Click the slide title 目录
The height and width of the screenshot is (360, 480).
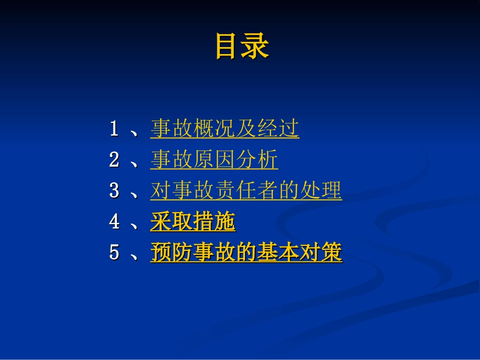click(242, 46)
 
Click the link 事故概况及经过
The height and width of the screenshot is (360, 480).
click(225, 129)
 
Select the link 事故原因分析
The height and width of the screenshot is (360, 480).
click(214, 160)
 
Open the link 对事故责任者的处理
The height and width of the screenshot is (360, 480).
click(246, 191)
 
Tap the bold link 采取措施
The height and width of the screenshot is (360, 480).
click(193, 222)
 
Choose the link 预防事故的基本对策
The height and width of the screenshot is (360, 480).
click(246, 253)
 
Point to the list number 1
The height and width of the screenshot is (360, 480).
click(114, 129)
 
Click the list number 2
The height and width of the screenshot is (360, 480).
click(114, 160)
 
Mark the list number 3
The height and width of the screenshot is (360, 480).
click(114, 191)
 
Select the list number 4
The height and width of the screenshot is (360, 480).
click(114, 222)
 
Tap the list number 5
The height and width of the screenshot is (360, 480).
click(114, 253)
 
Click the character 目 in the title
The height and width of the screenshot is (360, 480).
click(228, 46)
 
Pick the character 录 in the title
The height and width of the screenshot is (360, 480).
click(256, 46)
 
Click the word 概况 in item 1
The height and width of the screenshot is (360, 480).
click(214, 129)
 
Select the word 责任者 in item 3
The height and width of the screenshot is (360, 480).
click(246, 191)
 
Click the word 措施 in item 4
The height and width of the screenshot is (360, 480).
click(214, 222)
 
